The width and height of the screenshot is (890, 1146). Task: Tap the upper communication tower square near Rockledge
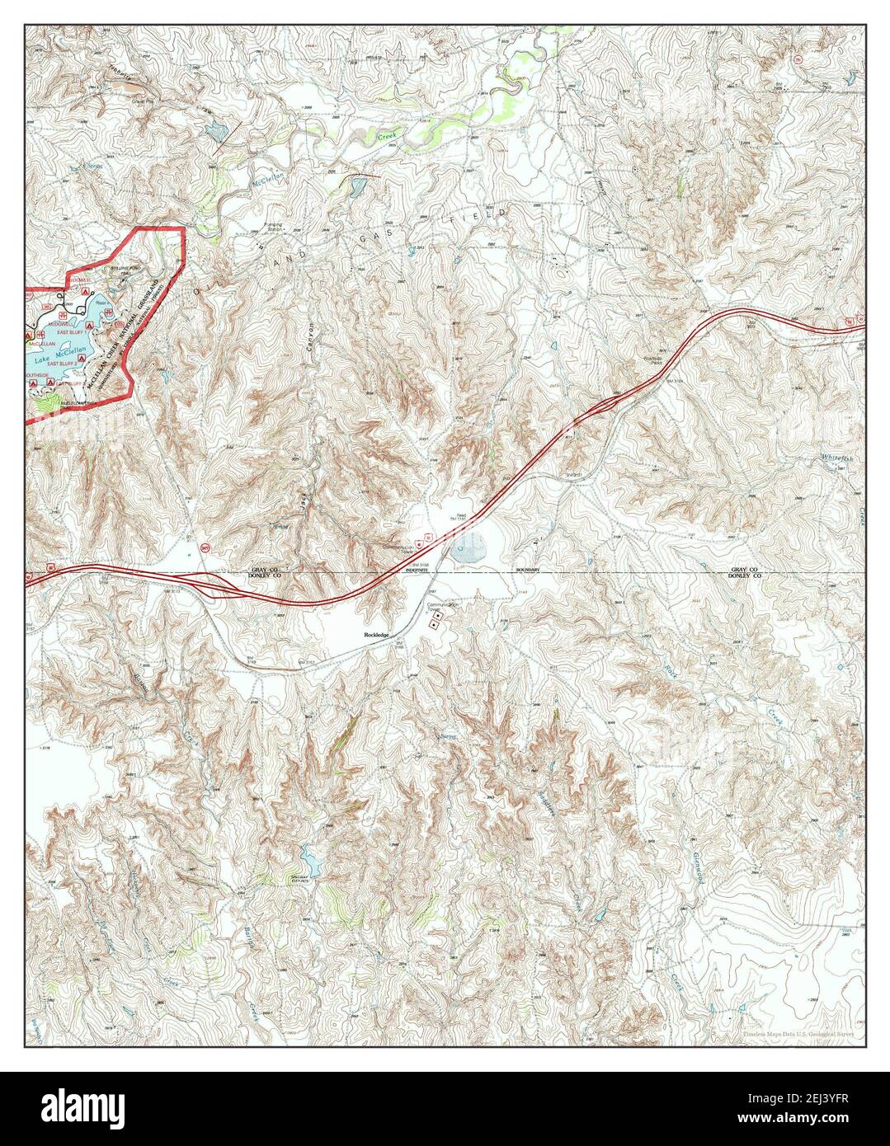438,618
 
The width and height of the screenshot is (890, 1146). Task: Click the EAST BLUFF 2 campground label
63,364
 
